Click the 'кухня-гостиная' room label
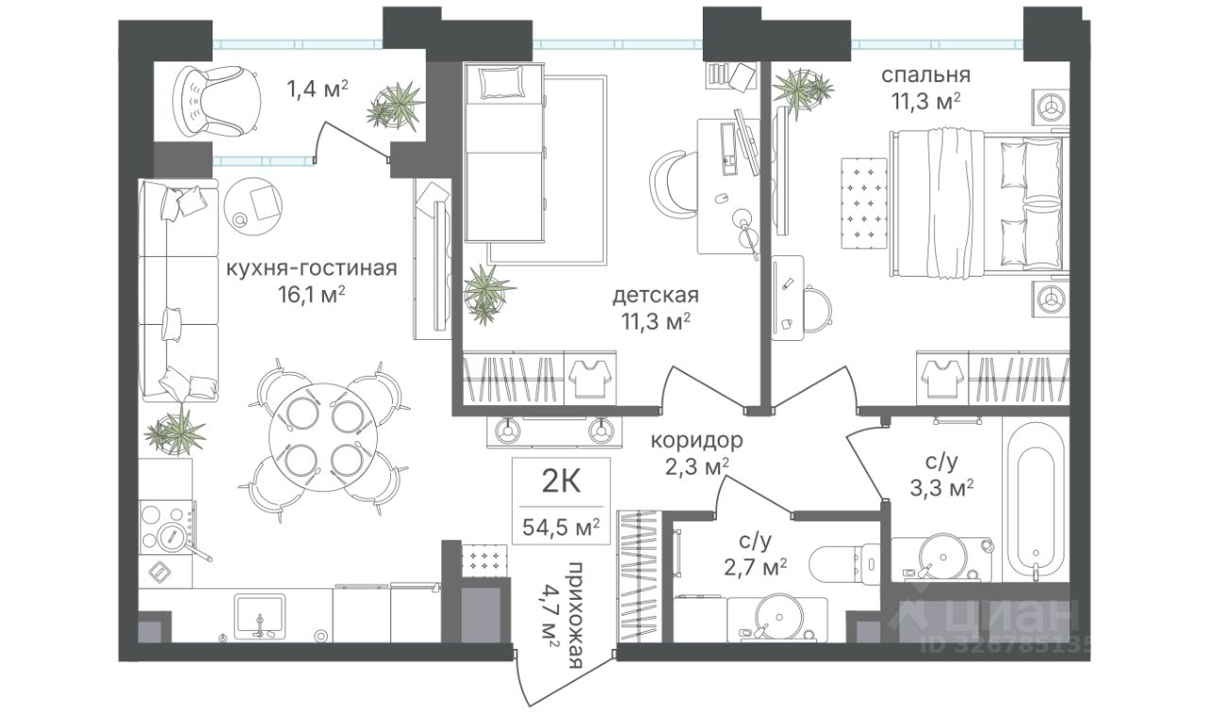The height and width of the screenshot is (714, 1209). pyautogui.click(x=312, y=268)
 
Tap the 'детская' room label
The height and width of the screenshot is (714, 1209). pyautogui.click(x=656, y=296)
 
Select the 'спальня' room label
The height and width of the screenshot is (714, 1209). pyautogui.click(x=927, y=75)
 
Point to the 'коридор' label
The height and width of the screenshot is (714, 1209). pyautogui.click(x=696, y=441)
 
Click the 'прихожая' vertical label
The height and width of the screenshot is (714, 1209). pyautogui.click(x=576, y=615)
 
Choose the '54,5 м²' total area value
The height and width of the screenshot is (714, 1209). pyautogui.click(x=561, y=527)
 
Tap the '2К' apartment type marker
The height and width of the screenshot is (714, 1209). pyautogui.click(x=561, y=482)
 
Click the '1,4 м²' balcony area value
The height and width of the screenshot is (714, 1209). pyautogui.click(x=316, y=89)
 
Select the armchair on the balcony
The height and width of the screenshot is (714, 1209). pyautogui.click(x=216, y=101)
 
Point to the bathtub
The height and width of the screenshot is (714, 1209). pyautogui.click(x=1036, y=501)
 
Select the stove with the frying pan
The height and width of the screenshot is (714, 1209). pyautogui.click(x=167, y=527)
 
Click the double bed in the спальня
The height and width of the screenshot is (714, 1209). pyautogui.click(x=978, y=203)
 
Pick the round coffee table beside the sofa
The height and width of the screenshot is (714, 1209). pyautogui.click(x=253, y=206)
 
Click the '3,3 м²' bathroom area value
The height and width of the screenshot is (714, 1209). pyautogui.click(x=942, y=488)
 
